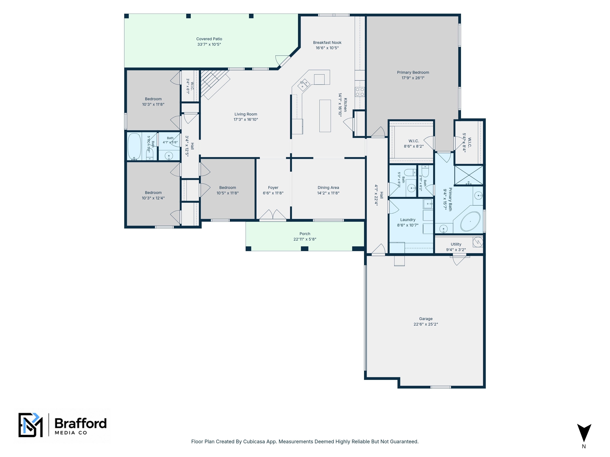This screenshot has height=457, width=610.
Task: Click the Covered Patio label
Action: point(209,39)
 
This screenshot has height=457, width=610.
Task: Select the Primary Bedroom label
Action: point(413,73)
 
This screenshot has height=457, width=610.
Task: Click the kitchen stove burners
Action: point(360,92)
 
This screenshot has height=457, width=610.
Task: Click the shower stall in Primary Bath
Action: point(468,175)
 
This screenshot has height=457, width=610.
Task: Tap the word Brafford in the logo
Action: point(81,423)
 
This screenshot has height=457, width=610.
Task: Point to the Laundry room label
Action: point(408,220)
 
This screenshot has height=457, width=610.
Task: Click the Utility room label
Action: point(456,244)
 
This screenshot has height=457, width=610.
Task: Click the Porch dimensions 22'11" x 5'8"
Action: point(305,239)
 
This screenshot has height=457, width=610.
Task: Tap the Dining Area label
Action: point(328,188)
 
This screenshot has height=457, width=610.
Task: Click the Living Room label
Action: point(246,114)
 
